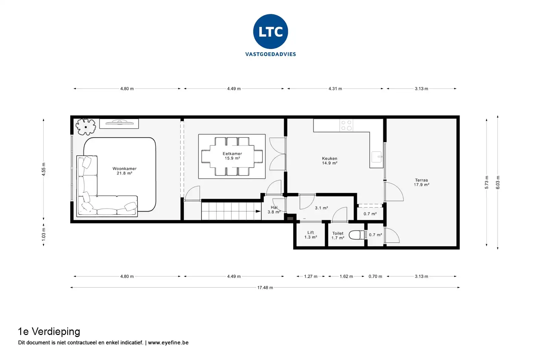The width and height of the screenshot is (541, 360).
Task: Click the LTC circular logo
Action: [x=270, y=32]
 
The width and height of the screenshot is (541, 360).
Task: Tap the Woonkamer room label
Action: [x=124, y=171]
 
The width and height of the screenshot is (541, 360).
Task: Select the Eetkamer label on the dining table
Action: [x=232, y=156]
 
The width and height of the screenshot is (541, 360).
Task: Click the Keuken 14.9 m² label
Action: [x=329, y=161]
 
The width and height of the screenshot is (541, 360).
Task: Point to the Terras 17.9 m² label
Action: [x=421, y=182]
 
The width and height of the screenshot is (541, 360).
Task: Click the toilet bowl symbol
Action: [x=357, y=235]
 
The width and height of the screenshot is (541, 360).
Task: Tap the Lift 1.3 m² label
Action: [x=311, y=235]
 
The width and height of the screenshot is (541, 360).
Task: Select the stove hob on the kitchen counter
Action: [x=346, y=125]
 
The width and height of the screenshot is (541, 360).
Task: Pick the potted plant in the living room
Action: [x=85, y=126]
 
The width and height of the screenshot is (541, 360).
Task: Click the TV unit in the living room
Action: [x=119, y=123]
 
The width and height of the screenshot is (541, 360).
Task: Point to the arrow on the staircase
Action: [x=258, y=212]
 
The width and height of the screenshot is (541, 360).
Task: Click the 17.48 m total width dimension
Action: [x=265, y=288]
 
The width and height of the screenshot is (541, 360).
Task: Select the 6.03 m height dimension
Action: [x=498, y=182]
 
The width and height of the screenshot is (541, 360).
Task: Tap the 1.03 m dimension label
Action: [x=44, y=235]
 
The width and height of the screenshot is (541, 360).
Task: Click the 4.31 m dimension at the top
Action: [x=335, y=88]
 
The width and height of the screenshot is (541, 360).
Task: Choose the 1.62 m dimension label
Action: [x=346, y=276]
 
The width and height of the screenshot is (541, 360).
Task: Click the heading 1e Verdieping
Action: [x=49, y=332]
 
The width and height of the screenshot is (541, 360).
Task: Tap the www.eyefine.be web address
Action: [x=168, y=343]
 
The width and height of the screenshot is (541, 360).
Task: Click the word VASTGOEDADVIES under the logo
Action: [x=270, y=54]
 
